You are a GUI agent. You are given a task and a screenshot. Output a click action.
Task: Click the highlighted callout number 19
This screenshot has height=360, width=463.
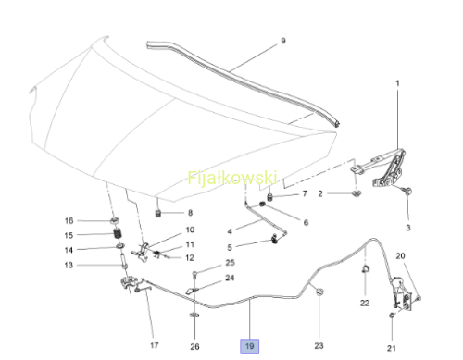click(x=249, y=346)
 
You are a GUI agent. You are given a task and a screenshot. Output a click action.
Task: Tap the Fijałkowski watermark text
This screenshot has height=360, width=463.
click(x=232, y=178)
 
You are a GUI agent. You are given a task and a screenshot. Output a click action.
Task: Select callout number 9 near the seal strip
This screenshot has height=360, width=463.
click(x=283, y=41)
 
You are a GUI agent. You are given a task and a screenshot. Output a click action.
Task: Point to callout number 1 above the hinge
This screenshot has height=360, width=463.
click(x=397, y=83)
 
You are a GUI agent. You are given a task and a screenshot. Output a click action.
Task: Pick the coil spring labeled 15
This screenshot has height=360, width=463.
click(x=118, y=233)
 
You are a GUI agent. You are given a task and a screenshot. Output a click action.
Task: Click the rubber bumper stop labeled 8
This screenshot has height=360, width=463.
click(x=158, y=213)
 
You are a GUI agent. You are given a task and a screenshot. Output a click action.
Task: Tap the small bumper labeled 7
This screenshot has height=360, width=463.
click(x=270, y=196)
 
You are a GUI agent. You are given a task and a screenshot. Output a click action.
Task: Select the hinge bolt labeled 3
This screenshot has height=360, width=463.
click(x=408, y=191)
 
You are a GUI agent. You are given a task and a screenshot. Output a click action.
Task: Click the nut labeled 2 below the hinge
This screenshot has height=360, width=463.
click(x=357, y=193)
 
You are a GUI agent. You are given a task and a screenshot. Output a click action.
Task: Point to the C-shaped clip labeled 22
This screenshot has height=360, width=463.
click(x=365, y=268)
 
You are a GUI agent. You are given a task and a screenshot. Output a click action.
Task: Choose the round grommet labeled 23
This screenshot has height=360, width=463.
click(x=319, y=292)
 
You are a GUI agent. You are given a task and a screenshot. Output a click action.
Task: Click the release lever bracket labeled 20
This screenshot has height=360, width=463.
click(x=402, y=292)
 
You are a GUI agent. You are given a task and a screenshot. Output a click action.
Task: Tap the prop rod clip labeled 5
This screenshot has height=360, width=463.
click(x=274, y=240)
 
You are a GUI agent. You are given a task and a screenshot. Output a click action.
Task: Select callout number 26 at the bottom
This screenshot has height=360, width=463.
click(x=194, y=347)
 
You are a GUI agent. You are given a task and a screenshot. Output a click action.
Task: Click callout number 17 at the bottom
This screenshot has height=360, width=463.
click(x=155, y=345)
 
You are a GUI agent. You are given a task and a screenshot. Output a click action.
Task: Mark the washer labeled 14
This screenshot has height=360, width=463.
click(x=119, y=246)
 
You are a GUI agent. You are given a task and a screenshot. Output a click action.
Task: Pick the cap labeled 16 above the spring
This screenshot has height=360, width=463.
click(x=115, y=220)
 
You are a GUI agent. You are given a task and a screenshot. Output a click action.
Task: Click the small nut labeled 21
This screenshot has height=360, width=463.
click(x=392, y=316)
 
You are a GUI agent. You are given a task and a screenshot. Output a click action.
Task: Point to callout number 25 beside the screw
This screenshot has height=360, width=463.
click(x=231, y=263)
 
